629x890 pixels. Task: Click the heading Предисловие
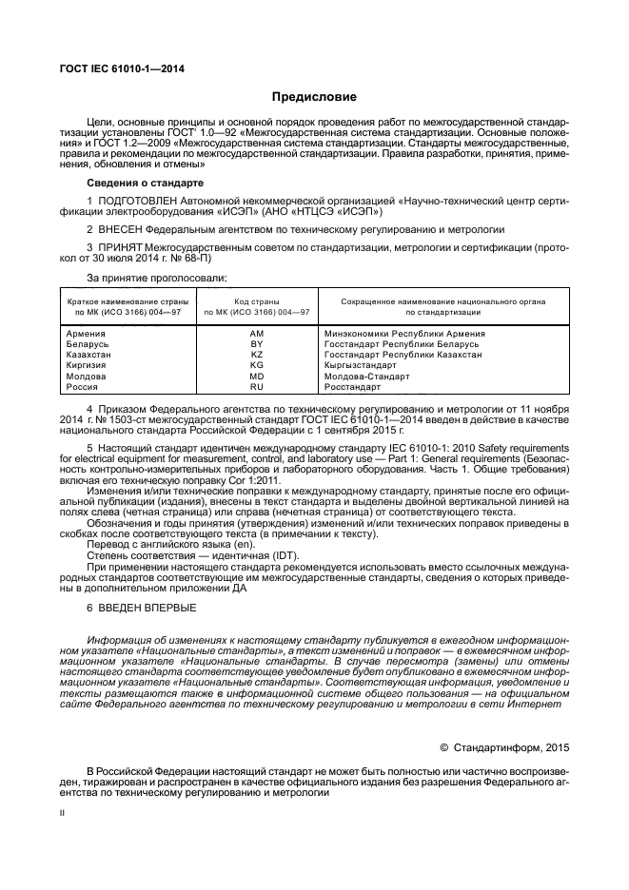(x=314, y=97)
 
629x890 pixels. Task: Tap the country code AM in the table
(x=256, y=334)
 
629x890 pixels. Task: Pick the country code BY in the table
(x=256, y=344)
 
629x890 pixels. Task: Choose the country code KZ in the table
(x=256, y=355)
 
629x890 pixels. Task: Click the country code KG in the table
(x=256, y=365)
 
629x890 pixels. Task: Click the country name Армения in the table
(x=86, y=334)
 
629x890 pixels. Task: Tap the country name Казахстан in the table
(x=89, y=355)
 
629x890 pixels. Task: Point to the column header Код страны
(x=256, y=301)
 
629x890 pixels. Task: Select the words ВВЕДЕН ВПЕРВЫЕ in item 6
(x=147, y=607)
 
